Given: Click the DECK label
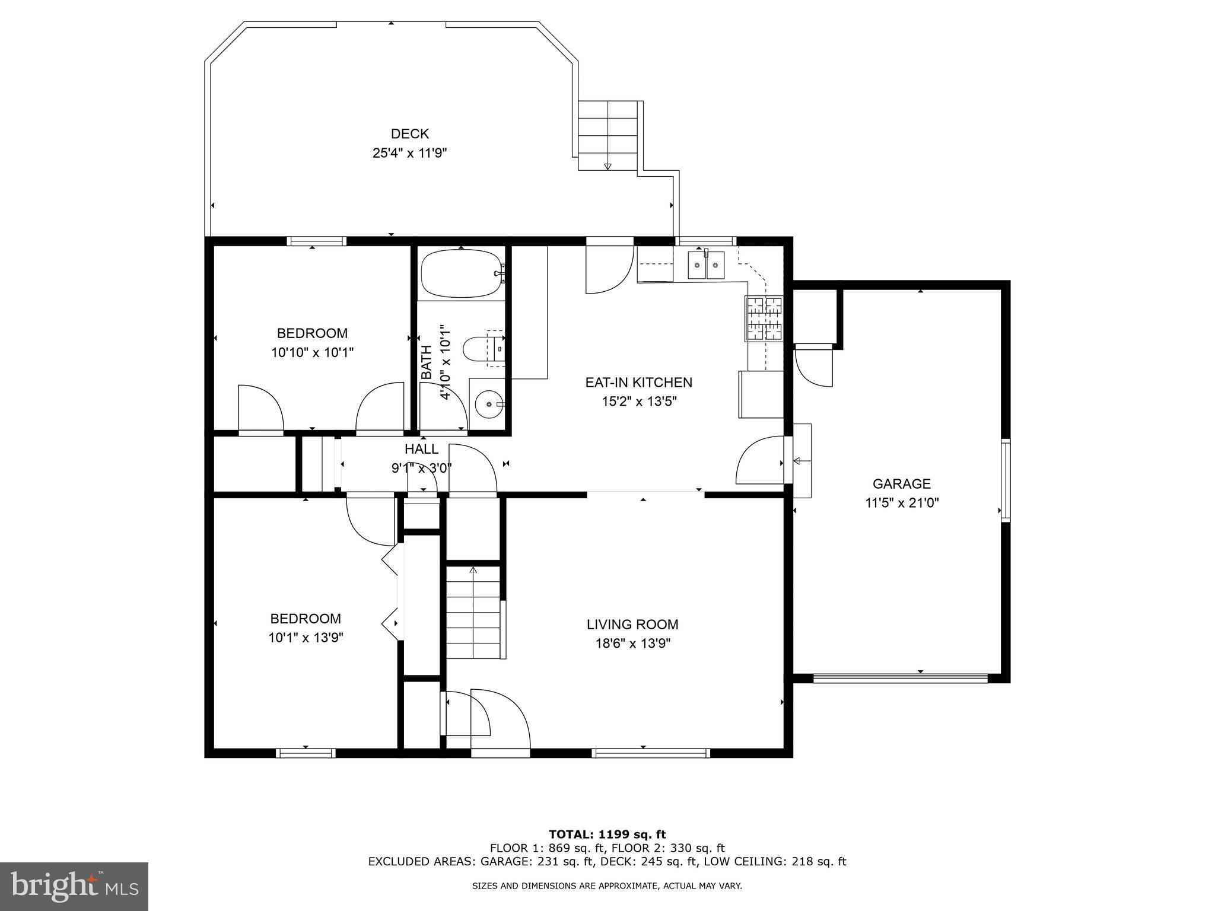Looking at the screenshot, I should coord(409,134).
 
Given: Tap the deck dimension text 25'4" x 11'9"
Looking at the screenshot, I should coord(409,153).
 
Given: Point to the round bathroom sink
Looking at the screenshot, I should coord(489,404).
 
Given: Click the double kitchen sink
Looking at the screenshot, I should coord(705,265).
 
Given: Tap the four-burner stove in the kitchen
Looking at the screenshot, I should coord(764,318).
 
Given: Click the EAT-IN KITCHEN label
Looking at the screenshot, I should coord(638,383).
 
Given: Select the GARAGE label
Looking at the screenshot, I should coord(901,484).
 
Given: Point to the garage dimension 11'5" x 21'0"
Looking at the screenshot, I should coord(901,503).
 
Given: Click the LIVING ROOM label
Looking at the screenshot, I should coord(632,625).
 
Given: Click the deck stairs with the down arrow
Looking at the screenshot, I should coord(607,136).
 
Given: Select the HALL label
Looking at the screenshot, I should coord(421,449).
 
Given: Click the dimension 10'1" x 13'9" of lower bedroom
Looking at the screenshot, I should coord(306,638).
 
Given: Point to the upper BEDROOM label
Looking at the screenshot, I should coord(312,333).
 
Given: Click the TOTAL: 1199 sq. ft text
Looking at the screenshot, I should coord(607,834).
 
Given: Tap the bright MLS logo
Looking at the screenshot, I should coord(74,886).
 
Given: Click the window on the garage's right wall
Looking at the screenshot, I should coord(1006,480).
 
